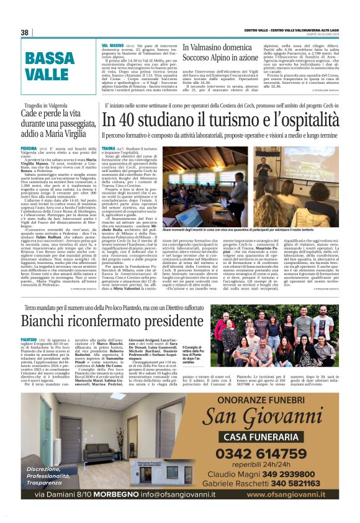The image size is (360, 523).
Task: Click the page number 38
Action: point(25,33)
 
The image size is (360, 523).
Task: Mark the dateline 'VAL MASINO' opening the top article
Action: point(112,47)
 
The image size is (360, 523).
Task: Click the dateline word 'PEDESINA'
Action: point(29,150)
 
